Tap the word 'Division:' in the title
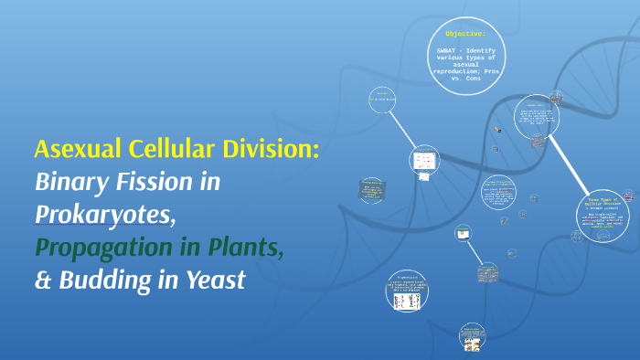(274, 149)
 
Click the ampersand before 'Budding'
(42, 280)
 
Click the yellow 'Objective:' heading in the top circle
(465, 33)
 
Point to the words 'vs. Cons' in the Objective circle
(468, 79)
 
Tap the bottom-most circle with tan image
(473, 337)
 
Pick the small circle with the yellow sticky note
(463, 234)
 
